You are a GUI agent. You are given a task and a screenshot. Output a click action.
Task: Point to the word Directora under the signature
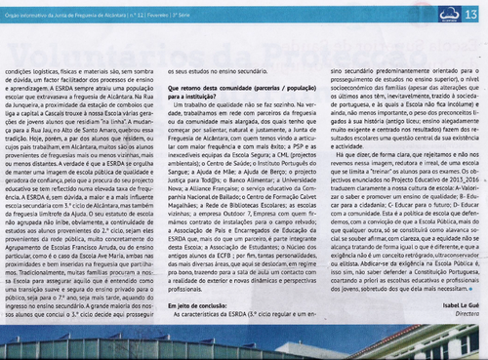coord(460,341)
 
